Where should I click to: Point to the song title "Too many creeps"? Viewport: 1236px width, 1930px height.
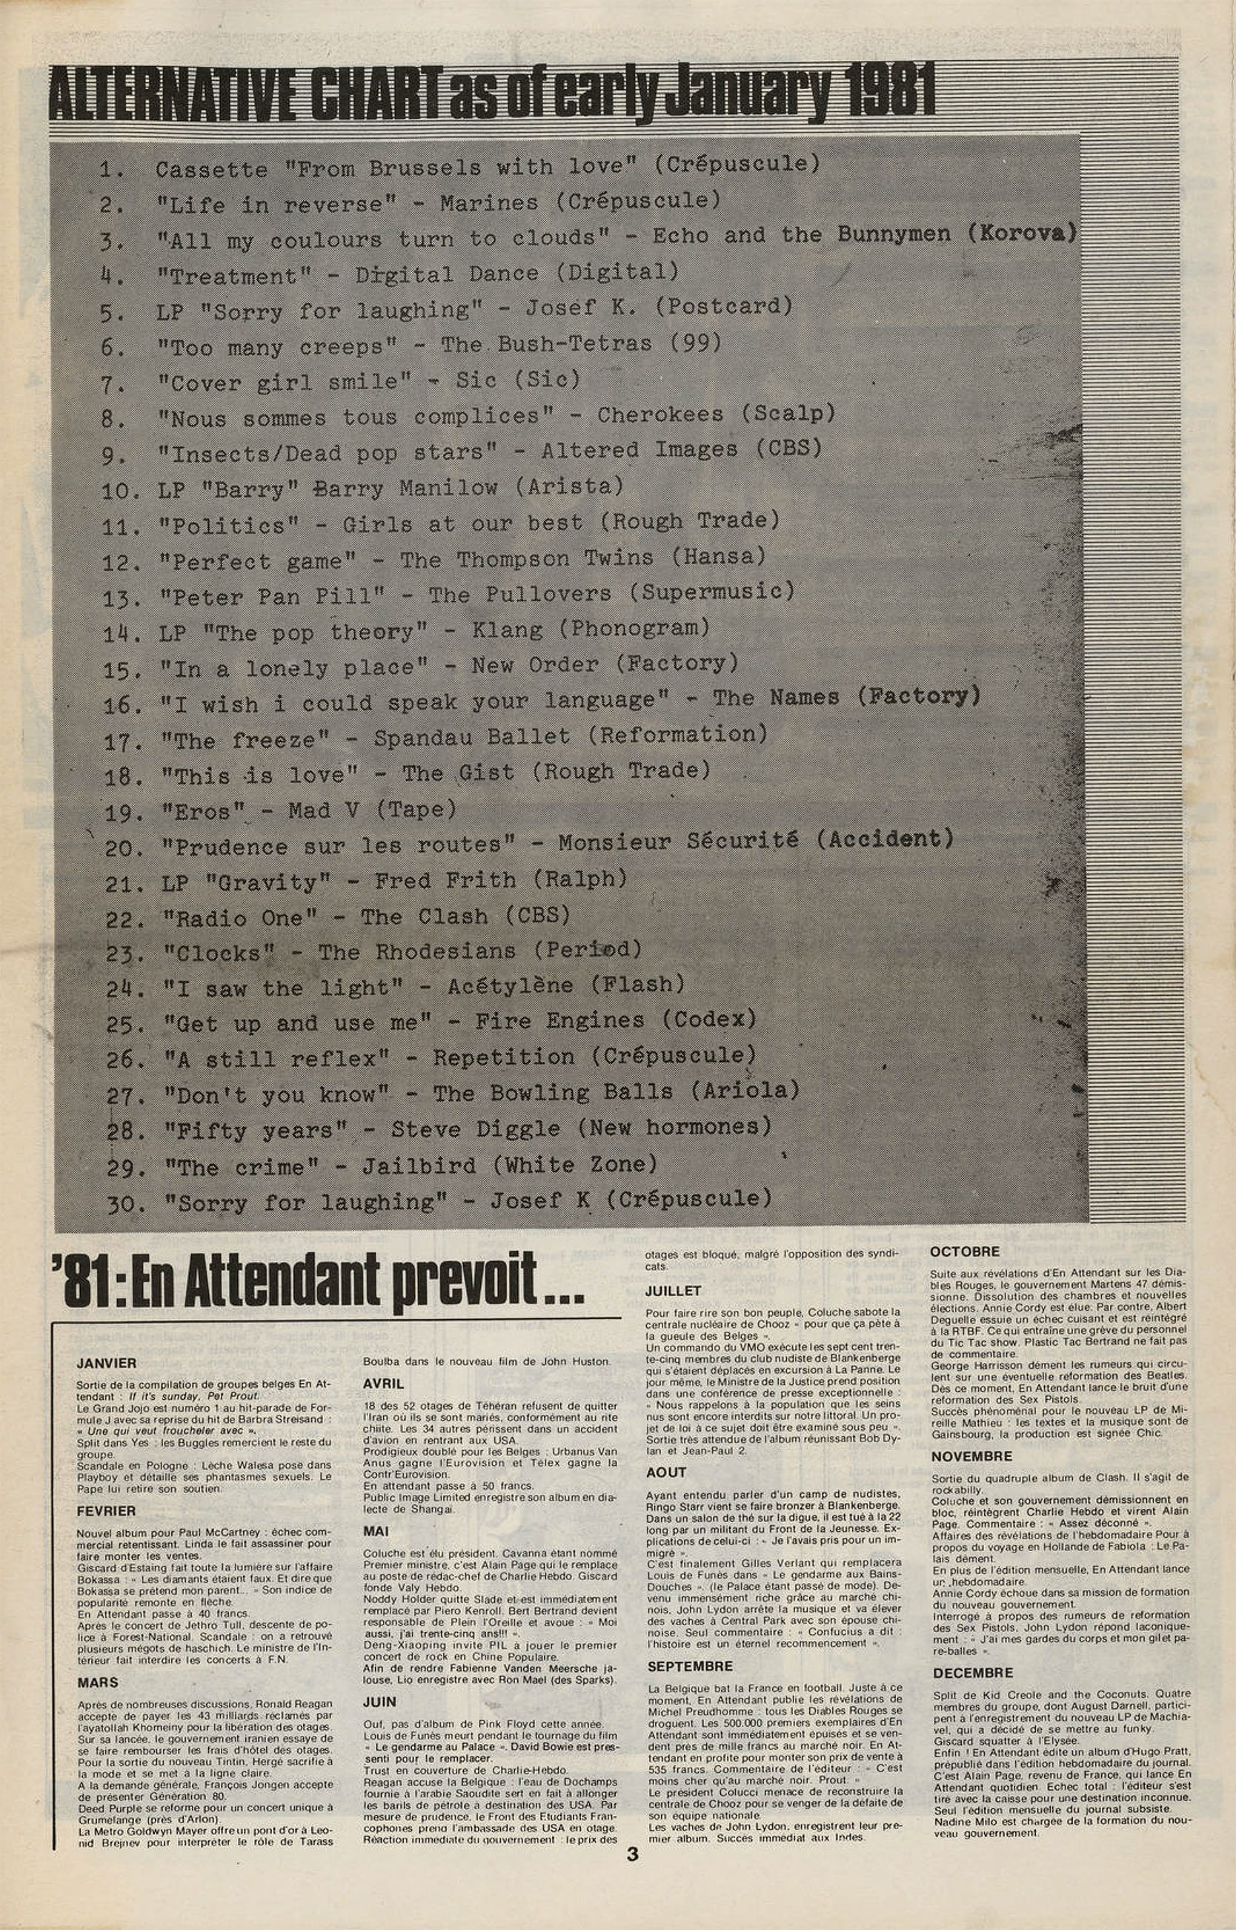tap(277, 347)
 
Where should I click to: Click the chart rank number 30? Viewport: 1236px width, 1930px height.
tap(125, 1204)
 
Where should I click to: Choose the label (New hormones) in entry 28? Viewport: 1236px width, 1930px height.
tap(674, 1127)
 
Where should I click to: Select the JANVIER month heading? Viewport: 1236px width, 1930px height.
tap(107, 1364)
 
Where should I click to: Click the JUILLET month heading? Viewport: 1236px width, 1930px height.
tap(674, 1291)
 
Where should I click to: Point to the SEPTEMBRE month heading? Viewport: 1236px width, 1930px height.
tap(689, 1667)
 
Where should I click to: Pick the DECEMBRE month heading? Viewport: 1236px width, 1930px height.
tap(973, 1673)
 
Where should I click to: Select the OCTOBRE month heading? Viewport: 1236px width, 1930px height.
tap(965, 1252)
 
